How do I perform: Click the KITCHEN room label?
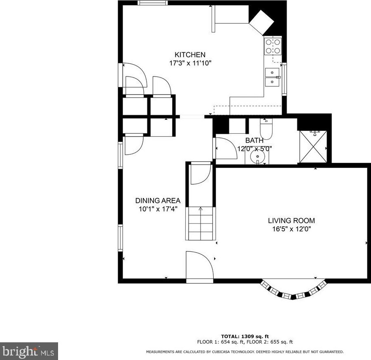(190, 55)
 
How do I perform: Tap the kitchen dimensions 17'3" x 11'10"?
(190, 63)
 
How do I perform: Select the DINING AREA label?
(158, 200)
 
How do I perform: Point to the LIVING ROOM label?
(291, 221)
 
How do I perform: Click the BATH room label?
(254, 140)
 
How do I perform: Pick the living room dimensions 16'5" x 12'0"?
(291, 229)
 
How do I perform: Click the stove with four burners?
(273, 46)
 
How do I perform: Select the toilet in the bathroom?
(266, 129)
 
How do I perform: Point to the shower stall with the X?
(313, 146)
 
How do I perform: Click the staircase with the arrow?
(201, 223)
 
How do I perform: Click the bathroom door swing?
(226, 148)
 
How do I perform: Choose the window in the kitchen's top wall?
(153, 2)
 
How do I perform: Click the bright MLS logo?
(29, 351)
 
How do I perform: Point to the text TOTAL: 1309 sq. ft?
(245, 337)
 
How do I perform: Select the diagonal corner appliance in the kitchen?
(262, 23)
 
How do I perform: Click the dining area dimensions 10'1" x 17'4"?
(158, 209)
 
